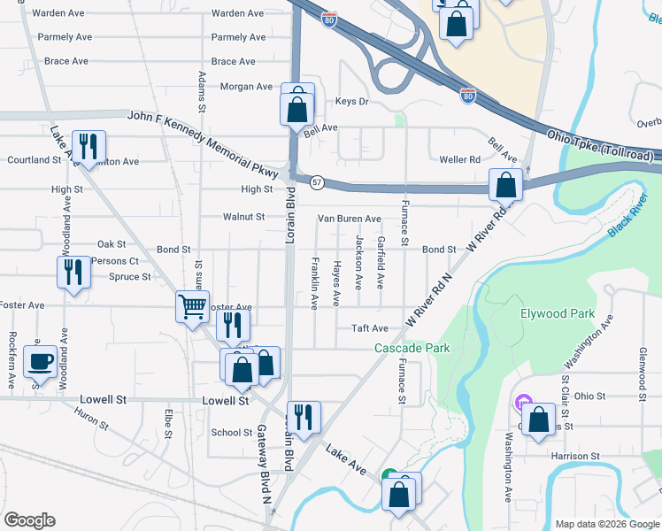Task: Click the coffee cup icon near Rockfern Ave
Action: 39,361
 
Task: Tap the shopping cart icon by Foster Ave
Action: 191,308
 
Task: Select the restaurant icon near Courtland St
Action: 89,147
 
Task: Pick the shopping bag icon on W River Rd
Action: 505,186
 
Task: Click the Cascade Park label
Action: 412,348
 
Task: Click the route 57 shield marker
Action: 316,181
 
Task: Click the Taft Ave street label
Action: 371,327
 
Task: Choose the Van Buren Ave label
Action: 350,219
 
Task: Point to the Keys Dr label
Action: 351,102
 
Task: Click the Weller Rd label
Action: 460,159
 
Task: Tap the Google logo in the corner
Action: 29,520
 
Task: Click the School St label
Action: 232,433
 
